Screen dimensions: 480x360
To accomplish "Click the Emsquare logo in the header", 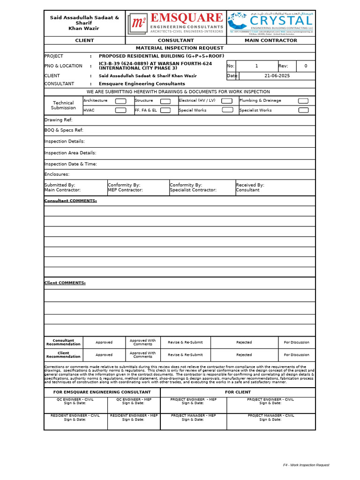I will tap(176, 23).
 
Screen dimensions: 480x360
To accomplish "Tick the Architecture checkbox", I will tap(120, 101).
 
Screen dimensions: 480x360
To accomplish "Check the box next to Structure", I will tap(165, 101).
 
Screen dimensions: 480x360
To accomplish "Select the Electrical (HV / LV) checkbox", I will tap(227, 101).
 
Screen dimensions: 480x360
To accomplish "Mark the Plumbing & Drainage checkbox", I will tap(303, 101).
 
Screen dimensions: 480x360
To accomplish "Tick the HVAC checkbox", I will tap(120, 110).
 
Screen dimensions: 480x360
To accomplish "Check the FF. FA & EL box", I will tap(165, 110).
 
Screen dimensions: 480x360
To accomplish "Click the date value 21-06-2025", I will tap(277, 75).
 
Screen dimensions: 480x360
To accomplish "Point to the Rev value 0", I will tap(306, 66).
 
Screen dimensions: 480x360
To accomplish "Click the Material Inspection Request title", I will tap(180, 48).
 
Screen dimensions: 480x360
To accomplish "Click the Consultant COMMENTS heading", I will tap(70, 201).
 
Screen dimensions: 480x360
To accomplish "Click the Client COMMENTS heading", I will tap(65, 283).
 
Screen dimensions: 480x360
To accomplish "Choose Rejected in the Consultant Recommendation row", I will tap(244, 342).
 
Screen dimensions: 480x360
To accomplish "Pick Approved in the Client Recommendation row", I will tap(104, 355).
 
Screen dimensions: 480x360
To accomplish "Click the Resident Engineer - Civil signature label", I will tap(75, 417).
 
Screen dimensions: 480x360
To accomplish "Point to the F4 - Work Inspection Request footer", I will tap(306, 465).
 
